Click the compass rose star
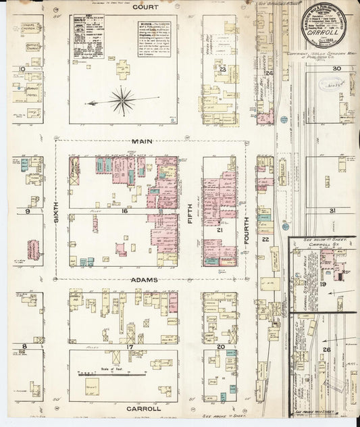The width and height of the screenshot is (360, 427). click(122, 101)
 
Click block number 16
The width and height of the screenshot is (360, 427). click(124, 211)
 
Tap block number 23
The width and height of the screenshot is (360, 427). click(222, 69)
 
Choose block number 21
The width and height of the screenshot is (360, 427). click(220, 230)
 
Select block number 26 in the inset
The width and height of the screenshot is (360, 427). click(326, 349)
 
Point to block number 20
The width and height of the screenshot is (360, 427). click(220, 347)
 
